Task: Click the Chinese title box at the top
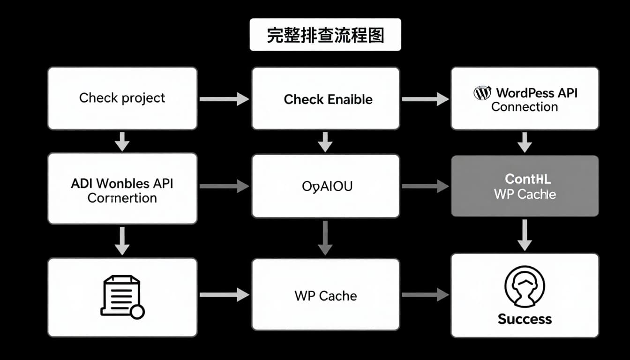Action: click(325, 35)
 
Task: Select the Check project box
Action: click(122, 98)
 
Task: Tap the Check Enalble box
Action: click(326, 98)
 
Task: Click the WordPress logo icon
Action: click(482, 92)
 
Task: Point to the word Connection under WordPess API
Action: click(524, 107)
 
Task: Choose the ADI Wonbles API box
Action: click(122, 188)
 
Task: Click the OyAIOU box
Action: click(326, 186)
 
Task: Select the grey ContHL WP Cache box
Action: click(525, 186)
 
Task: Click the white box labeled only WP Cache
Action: click(326, 296)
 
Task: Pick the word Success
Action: click(525, 319)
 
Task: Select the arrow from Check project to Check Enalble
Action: click(224, 99)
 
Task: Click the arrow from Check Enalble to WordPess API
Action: click(425, 99)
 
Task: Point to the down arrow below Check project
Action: click(122, 141)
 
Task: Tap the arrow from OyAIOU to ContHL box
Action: click(425, 186)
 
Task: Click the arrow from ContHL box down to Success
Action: click(525, 234)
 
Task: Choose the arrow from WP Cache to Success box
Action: click(425, 295)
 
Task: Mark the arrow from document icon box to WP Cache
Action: click(224, 295)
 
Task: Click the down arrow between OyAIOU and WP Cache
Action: click(325, 237)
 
